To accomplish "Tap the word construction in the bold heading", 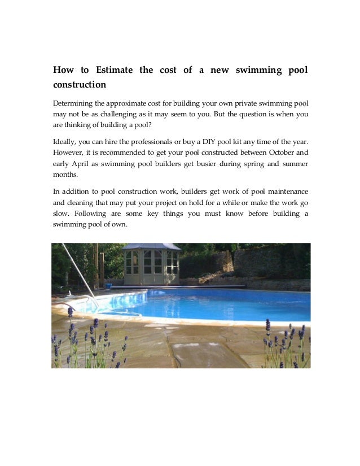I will [80, 85].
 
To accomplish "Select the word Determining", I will [73, 104].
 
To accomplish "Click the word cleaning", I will [84, 203].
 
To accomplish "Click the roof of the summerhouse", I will [151, 247].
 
